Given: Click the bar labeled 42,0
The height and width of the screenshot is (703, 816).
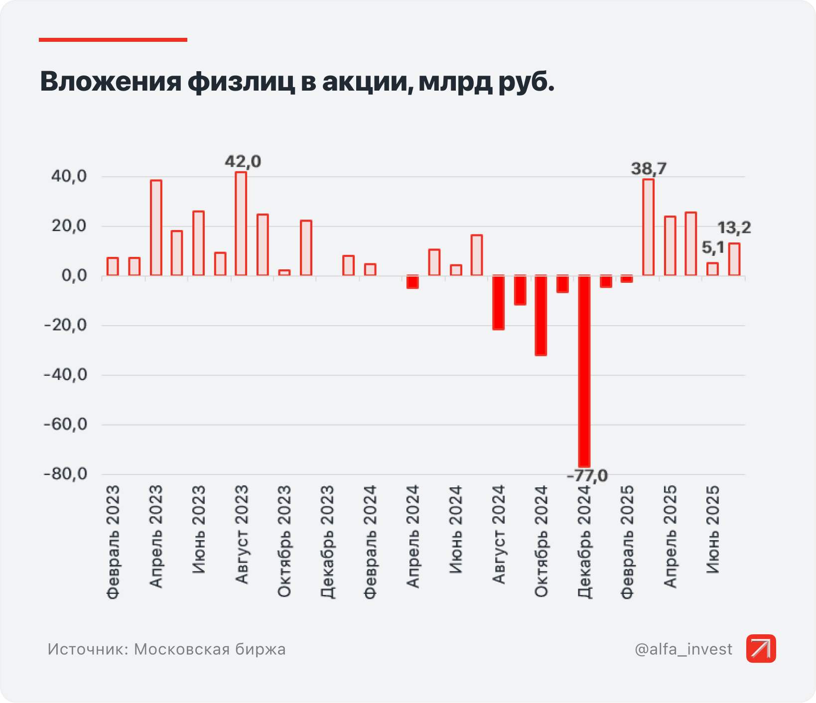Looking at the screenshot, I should (241, 224).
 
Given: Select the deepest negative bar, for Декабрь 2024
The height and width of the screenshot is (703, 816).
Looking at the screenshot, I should (584, 371).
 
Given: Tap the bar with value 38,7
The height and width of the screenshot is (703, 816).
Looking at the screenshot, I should (648, 227).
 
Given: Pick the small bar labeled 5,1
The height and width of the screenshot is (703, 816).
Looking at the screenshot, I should (712, 269).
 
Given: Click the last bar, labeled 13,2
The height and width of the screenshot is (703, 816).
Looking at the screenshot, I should (734, 259).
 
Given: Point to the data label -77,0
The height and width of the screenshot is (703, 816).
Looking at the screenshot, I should (587, 476).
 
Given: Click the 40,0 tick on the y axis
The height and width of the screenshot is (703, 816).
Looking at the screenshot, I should (69, 177).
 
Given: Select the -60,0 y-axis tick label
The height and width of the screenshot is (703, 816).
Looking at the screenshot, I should (66, 425).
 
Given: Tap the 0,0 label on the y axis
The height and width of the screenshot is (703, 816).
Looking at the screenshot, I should (74, 276).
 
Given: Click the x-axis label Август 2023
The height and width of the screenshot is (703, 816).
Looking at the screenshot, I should (242, 535).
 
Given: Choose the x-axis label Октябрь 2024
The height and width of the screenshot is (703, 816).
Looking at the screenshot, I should (541, 541).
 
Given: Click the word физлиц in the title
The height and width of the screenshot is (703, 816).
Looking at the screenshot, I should (241, 82).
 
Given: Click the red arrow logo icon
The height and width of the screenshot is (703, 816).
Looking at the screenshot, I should (761, 649).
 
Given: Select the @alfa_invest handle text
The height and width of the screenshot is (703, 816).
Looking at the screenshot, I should (683, 649).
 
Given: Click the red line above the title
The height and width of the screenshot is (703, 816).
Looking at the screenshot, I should (113, 40).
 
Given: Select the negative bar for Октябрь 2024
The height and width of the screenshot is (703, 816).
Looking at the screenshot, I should (541, 315).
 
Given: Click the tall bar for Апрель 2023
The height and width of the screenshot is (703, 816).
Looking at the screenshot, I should (156, 228).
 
